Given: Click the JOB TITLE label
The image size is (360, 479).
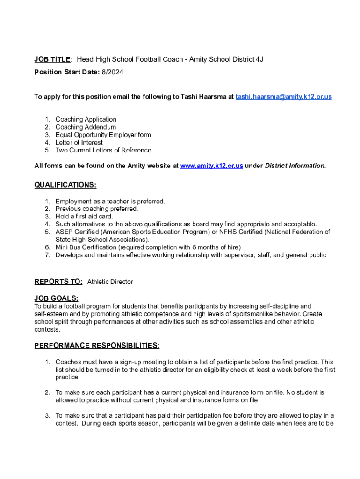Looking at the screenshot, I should pyautogui.click(x=52, y=59).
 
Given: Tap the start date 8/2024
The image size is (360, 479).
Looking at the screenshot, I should pyautogui.click(x=113, y=72).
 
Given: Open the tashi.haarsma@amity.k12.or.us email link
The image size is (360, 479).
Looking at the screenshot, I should pyautogui.click(x=284, y=97).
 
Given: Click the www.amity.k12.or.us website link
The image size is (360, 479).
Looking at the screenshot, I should pyautogui.click(x=211, y=166).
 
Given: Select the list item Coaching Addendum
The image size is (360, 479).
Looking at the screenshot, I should pyautogui.click(x=86, y=127).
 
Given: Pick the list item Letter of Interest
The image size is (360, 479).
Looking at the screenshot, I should pyautogui.click(x=79, y=143).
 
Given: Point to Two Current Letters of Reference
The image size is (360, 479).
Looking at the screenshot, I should pyautogui.click(x=103, y=150).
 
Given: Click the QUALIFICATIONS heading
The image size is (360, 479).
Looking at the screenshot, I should pyautogui.click(x=65, y=185).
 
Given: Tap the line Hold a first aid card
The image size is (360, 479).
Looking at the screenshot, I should pyautogui.click(x=84, y=217).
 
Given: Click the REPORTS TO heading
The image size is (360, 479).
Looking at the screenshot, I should pyautogui.click(x=58, y=282).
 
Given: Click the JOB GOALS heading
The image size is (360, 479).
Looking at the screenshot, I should pyautogui.click(x=56, y=298).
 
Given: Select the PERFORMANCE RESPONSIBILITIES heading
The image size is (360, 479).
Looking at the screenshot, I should pyautogui.click(x=97, y=346).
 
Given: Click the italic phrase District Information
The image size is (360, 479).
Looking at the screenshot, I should pyautogui.click(x=295, y=166).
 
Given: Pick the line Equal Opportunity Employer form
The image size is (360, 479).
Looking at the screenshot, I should pyautogui.click(x=103, y=135).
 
